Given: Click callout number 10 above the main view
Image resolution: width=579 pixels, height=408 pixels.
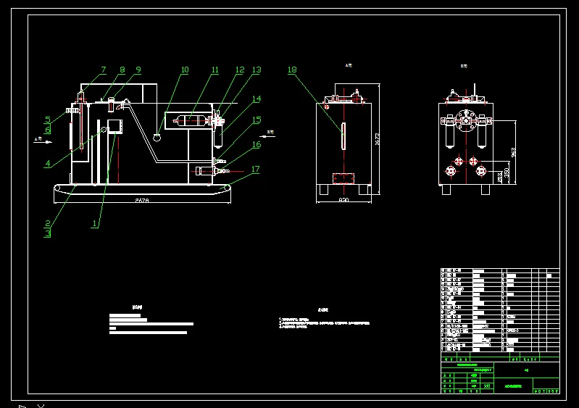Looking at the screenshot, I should tap(185, 70).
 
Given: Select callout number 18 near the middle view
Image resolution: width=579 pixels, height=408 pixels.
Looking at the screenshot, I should tap(292, 70).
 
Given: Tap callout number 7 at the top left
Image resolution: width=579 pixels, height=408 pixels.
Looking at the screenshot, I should tap(103, 70).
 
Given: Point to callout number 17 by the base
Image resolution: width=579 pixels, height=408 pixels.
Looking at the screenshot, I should tap(255, 170).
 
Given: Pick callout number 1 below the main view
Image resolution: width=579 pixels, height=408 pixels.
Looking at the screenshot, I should tap(94, 224).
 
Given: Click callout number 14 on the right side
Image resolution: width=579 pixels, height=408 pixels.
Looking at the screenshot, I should tap(257, 99).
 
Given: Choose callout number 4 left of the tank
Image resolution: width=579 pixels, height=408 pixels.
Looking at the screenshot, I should tap(48, 164).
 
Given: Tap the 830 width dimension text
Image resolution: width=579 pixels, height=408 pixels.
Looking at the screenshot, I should tap(344, 200).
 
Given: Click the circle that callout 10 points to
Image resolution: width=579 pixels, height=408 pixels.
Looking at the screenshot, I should tap(158, 133).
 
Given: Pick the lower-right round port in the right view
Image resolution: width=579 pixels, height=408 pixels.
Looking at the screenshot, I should tap(478, 172).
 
